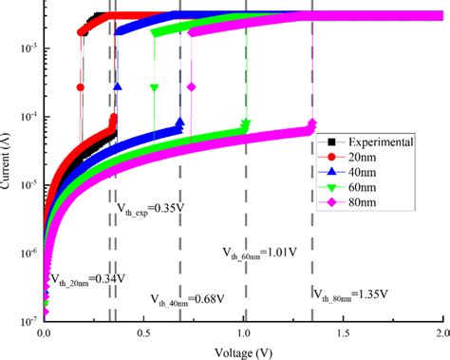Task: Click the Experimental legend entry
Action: click(x=379, y=142)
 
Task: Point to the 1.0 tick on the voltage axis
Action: click(x=244, y=335)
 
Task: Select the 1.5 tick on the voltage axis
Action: click(x=344, y=335)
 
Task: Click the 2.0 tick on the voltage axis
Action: click(x=441, y=335)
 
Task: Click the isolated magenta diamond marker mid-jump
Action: click(x=191, y=87)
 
